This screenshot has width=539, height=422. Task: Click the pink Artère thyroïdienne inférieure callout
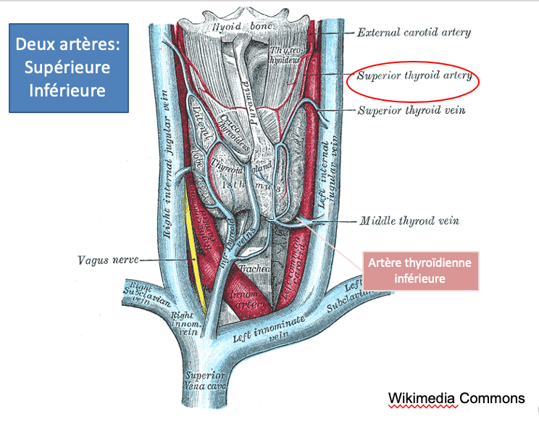[420, 271]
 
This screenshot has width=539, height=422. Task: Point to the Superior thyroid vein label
[412, 111]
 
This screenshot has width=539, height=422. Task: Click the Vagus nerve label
[107, 259]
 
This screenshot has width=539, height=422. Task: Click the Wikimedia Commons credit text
[456, 398]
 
